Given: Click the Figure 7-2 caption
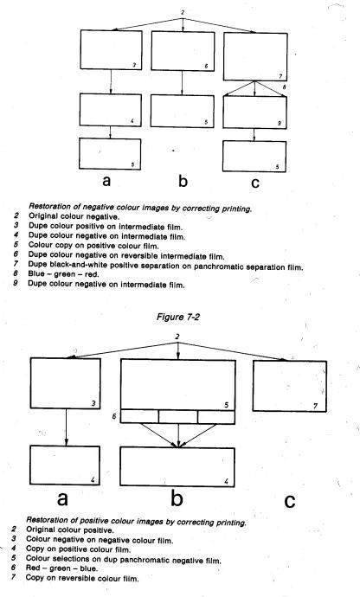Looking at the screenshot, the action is pos(178,317).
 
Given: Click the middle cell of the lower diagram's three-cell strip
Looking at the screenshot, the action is pos(178,416).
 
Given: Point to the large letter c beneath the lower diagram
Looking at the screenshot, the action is pos(290,500).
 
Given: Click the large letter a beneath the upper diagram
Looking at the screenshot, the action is pos(106,181).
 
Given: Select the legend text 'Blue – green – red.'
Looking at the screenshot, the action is pos(63,274).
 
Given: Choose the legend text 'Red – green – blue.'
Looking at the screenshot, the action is pos(61,568).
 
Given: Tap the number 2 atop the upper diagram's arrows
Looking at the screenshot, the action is pos(183,13).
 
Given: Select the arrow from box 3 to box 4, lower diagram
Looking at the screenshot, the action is pos(67,427).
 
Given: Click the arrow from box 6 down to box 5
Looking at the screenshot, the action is pos(182,82).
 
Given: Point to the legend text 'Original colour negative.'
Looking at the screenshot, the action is pos(74,216).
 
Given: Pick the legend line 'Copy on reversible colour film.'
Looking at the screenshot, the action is pos(82,578).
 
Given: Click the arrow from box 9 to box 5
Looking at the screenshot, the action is pos(254,135).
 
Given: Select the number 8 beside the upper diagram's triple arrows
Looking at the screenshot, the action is pos(284,87).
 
